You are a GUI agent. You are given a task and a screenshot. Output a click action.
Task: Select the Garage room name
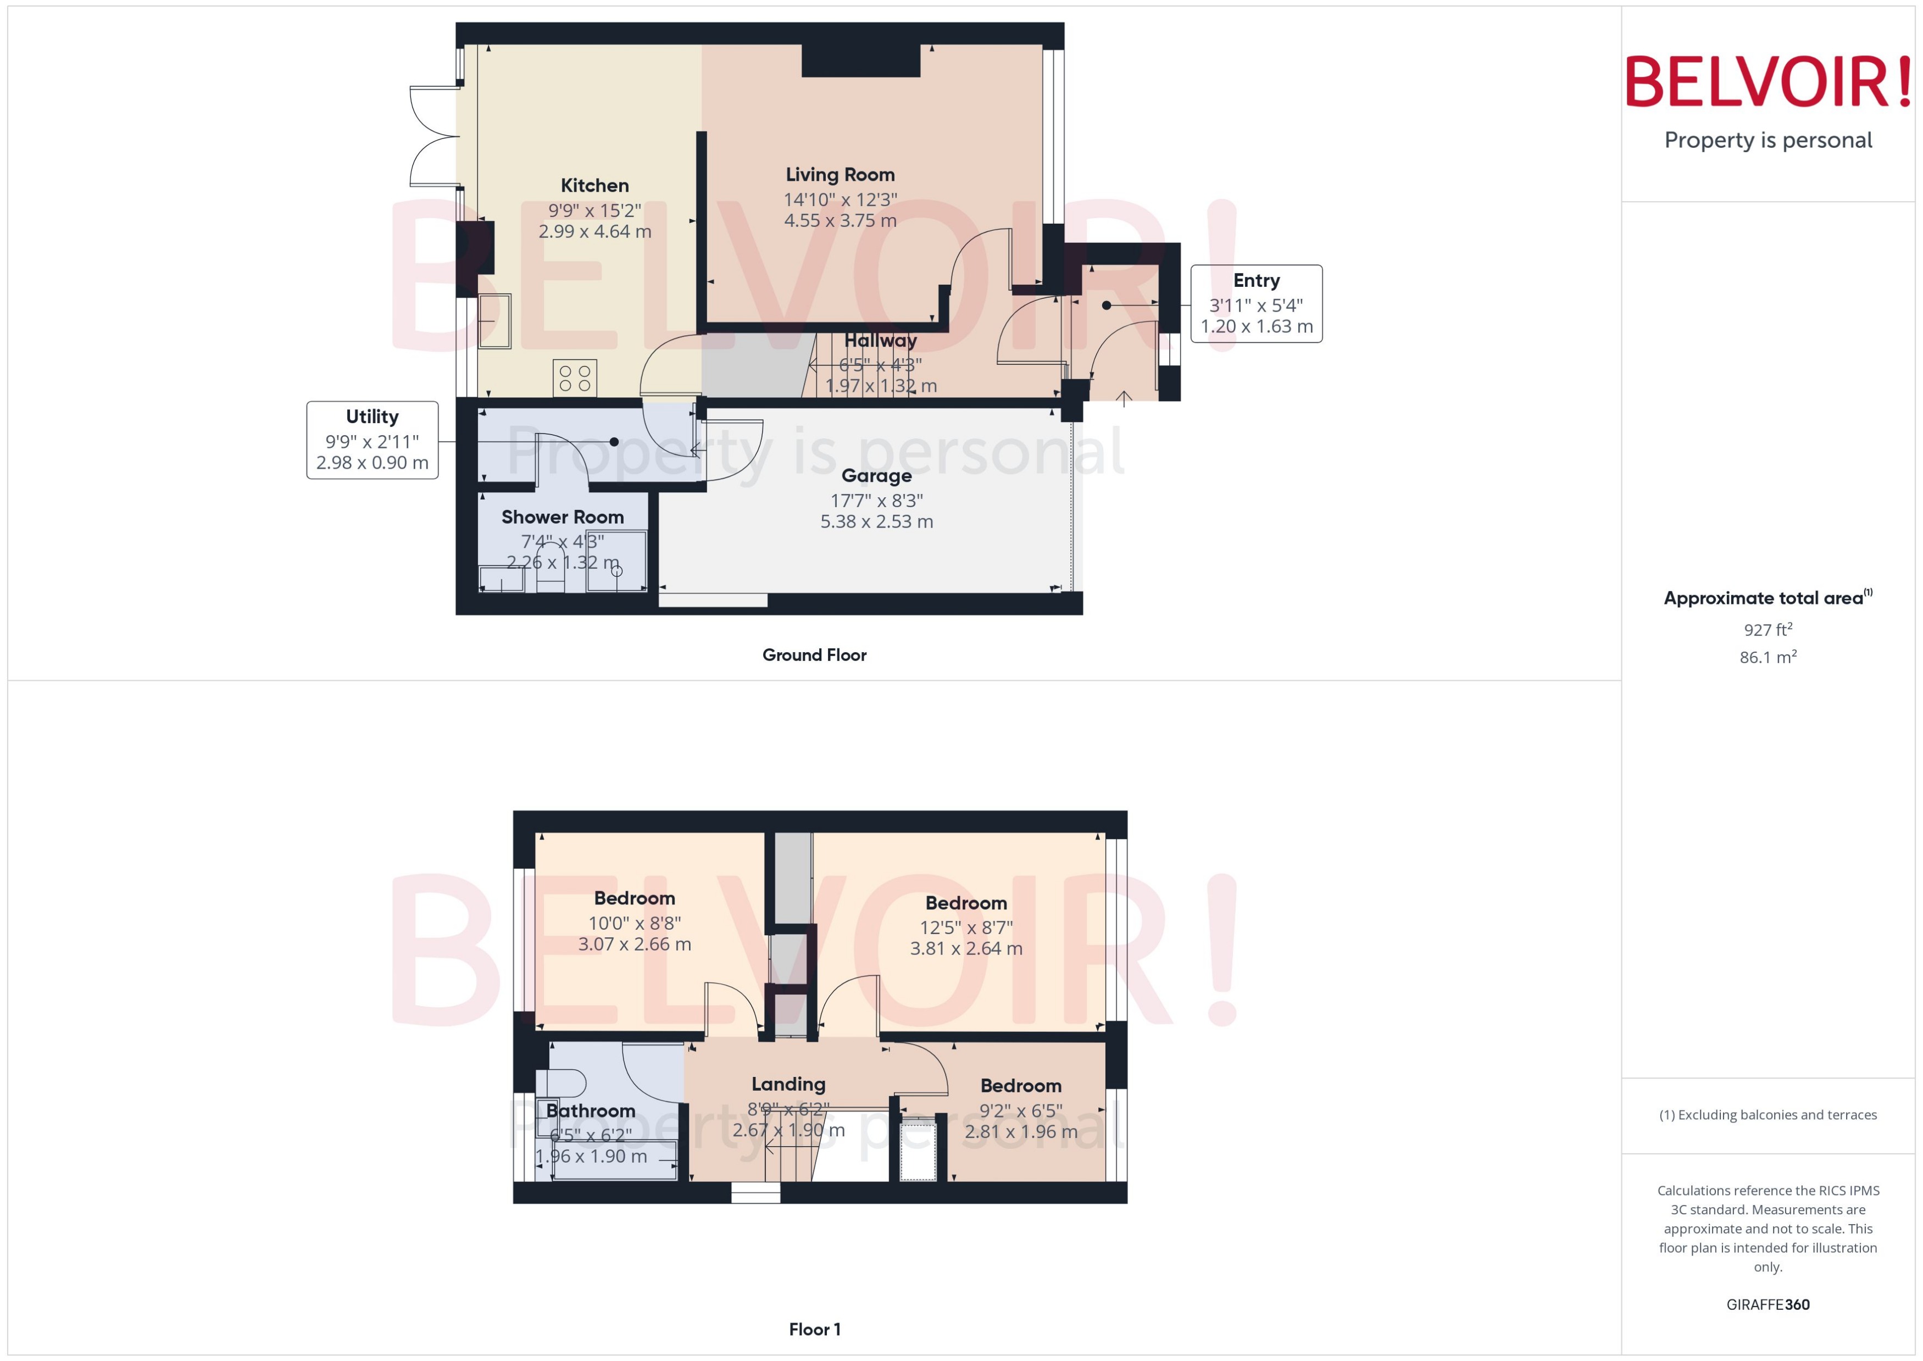pos(876,476)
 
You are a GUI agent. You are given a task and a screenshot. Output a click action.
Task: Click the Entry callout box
pos(1255,303)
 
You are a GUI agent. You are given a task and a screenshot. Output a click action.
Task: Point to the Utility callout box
pos(372,440)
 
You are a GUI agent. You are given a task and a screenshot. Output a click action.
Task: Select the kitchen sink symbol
pos(494,320)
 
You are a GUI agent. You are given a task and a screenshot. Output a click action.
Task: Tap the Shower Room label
pos(562,517)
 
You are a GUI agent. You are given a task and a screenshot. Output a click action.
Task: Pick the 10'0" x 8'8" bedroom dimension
pos(634,923)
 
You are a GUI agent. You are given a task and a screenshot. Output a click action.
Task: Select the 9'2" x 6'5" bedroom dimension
pos(1021,1110)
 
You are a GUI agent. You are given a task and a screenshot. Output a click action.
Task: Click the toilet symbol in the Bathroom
pos(563,1083)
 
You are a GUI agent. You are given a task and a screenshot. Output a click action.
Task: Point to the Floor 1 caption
pos(814,1329)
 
